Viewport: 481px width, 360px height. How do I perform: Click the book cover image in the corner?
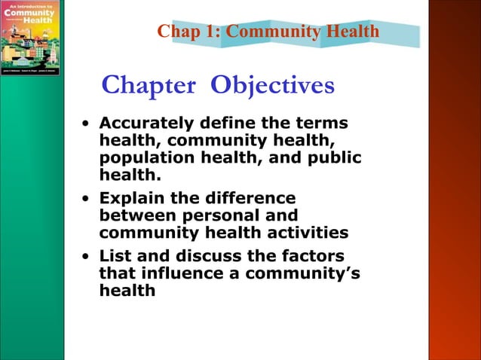pos(29,38)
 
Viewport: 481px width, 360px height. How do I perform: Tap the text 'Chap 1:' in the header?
pos(188,32)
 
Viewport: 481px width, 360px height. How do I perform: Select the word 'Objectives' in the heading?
pos(272,86)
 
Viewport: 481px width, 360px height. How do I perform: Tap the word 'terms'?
pos(320,122)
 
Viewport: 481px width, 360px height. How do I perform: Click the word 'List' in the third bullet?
pos(114,256)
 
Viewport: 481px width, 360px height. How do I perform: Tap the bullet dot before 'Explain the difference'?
pos(87,199)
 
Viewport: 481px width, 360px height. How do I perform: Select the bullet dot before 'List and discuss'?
pos(87,257)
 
